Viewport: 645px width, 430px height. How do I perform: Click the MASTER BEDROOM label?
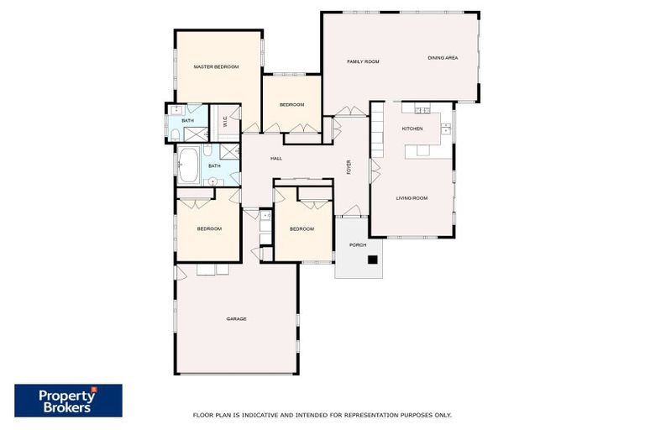(216, 67)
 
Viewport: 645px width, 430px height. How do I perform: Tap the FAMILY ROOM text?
(364, 62)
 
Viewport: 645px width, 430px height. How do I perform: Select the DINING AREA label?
(443, 58)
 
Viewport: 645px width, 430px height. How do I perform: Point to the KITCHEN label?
(412, 128)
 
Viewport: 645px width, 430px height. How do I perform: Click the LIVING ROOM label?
(412, 198)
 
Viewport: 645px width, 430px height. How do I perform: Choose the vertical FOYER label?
(349, 167)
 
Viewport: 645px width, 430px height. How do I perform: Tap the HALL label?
(275, 159)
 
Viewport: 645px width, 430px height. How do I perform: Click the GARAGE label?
(236, 318)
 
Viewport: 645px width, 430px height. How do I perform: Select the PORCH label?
(358, 245)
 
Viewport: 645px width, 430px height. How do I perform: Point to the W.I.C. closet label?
(225, 122)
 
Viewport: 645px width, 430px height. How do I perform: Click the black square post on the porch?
(372, 260)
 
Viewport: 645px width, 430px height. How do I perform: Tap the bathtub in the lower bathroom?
(189, 165)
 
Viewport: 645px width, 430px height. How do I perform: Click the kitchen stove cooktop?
(422, 110)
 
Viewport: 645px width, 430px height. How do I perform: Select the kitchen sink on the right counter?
(446, 128)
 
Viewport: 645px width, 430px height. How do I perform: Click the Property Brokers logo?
(68, 401)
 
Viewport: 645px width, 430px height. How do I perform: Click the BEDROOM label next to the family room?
(291, 104)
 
